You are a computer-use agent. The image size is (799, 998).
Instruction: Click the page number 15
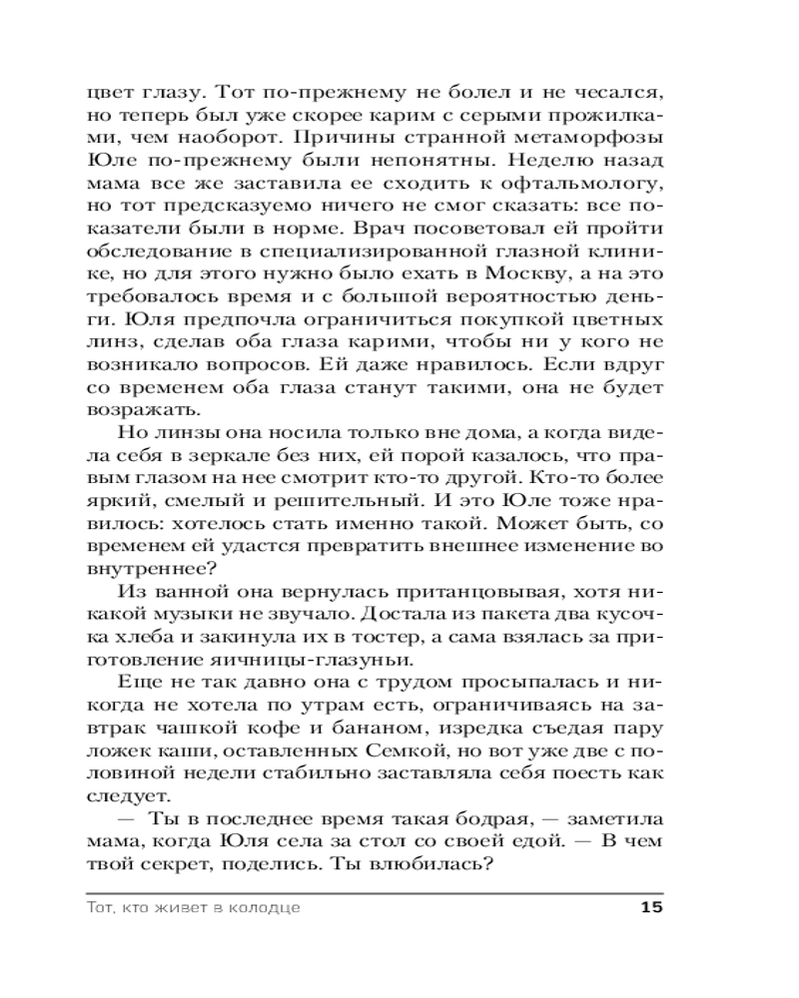coord(649,907)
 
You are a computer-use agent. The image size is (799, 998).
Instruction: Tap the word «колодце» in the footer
coord(262,908)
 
